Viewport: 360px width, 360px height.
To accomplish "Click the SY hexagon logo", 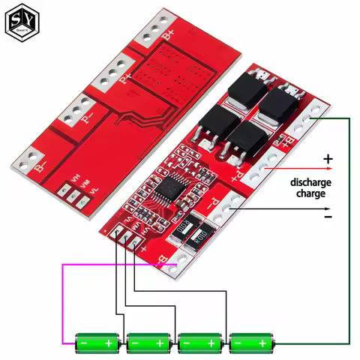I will tap(22, 22).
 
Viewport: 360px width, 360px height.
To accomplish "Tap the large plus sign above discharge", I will tap(327, 159).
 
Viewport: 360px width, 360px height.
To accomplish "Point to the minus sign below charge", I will tap(327, 216).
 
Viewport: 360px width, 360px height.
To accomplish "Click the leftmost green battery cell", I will tap(98, 343).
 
